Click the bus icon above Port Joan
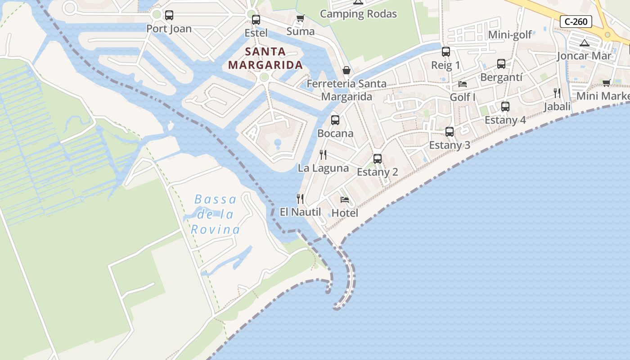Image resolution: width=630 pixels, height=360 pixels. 169,15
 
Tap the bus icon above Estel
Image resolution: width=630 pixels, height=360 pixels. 256,20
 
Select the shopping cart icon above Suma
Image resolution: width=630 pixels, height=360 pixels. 300,18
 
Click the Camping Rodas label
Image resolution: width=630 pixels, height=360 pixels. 358,14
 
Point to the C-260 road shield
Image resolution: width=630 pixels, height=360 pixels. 576,21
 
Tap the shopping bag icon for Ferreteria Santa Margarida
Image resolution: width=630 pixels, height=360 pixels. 346,70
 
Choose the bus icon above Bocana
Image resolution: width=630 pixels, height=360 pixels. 335,120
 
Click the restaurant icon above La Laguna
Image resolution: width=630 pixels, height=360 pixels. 323,155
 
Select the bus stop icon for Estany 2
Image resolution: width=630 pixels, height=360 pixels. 378,158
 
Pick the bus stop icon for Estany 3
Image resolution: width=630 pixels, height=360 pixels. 450,132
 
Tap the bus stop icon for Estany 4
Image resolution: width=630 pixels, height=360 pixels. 505,107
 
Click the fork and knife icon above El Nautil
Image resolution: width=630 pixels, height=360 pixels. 300,198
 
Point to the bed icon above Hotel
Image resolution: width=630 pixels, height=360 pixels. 345,199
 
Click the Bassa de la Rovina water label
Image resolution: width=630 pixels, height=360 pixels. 216,215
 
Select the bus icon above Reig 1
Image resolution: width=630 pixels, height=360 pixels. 446,52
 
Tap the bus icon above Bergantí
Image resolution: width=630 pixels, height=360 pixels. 501,64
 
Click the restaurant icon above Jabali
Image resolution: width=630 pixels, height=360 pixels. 557,93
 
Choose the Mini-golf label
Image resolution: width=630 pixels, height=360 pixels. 510,35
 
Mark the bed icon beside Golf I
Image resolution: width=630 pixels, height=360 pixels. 463,84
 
